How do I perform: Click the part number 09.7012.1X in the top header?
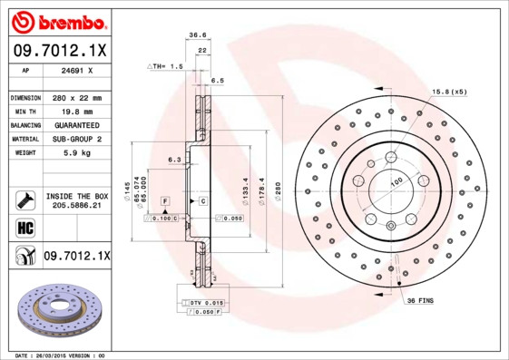60,51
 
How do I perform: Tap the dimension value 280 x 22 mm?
75,97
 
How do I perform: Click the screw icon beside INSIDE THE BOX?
25,200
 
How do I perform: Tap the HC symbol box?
25,228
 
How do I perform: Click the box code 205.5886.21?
76,206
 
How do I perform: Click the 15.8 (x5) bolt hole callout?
449,92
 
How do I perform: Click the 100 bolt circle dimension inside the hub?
396,182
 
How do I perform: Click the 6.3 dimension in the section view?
173,161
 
